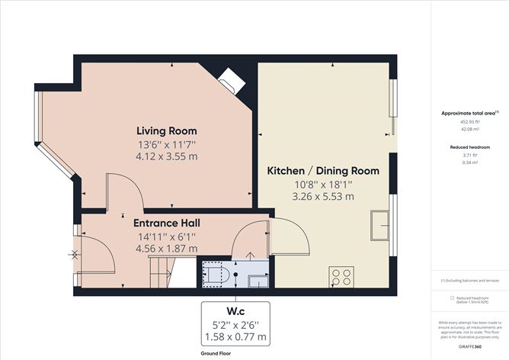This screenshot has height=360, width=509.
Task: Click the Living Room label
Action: [x=166, y=130]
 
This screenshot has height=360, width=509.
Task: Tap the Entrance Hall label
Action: [x=166, y=223]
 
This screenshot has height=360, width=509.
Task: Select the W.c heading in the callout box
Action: [x=234, y=310]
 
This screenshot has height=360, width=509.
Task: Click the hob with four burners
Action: [x=340, y=275]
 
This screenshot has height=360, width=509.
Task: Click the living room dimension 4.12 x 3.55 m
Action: [x=166, y=156]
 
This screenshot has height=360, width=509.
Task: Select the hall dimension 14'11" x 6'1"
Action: [x=166, y=236]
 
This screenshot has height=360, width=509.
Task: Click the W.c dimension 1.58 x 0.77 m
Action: [x=234, y=336]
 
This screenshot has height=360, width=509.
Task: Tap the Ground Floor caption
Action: [x=216, y=355]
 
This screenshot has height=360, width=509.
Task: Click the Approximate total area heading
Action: [x=469, y=113]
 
